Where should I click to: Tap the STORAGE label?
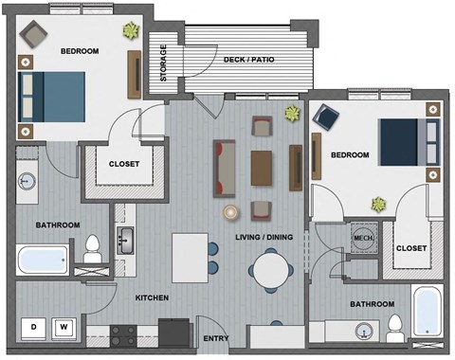tap(164, 63)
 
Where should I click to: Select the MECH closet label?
tap(362, 237)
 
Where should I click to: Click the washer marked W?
tap(64, 327)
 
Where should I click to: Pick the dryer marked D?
tap(35, 327)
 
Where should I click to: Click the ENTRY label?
tap(215, 338)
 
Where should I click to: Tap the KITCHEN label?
tap(152, 297)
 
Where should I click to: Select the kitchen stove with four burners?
tap(124, 333)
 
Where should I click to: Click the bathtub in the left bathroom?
tap(41, 257)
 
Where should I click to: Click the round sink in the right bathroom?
tap(362, 332)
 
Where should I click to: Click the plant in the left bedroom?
tap(128, 30)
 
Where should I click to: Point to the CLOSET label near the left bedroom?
tap(124, 164)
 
